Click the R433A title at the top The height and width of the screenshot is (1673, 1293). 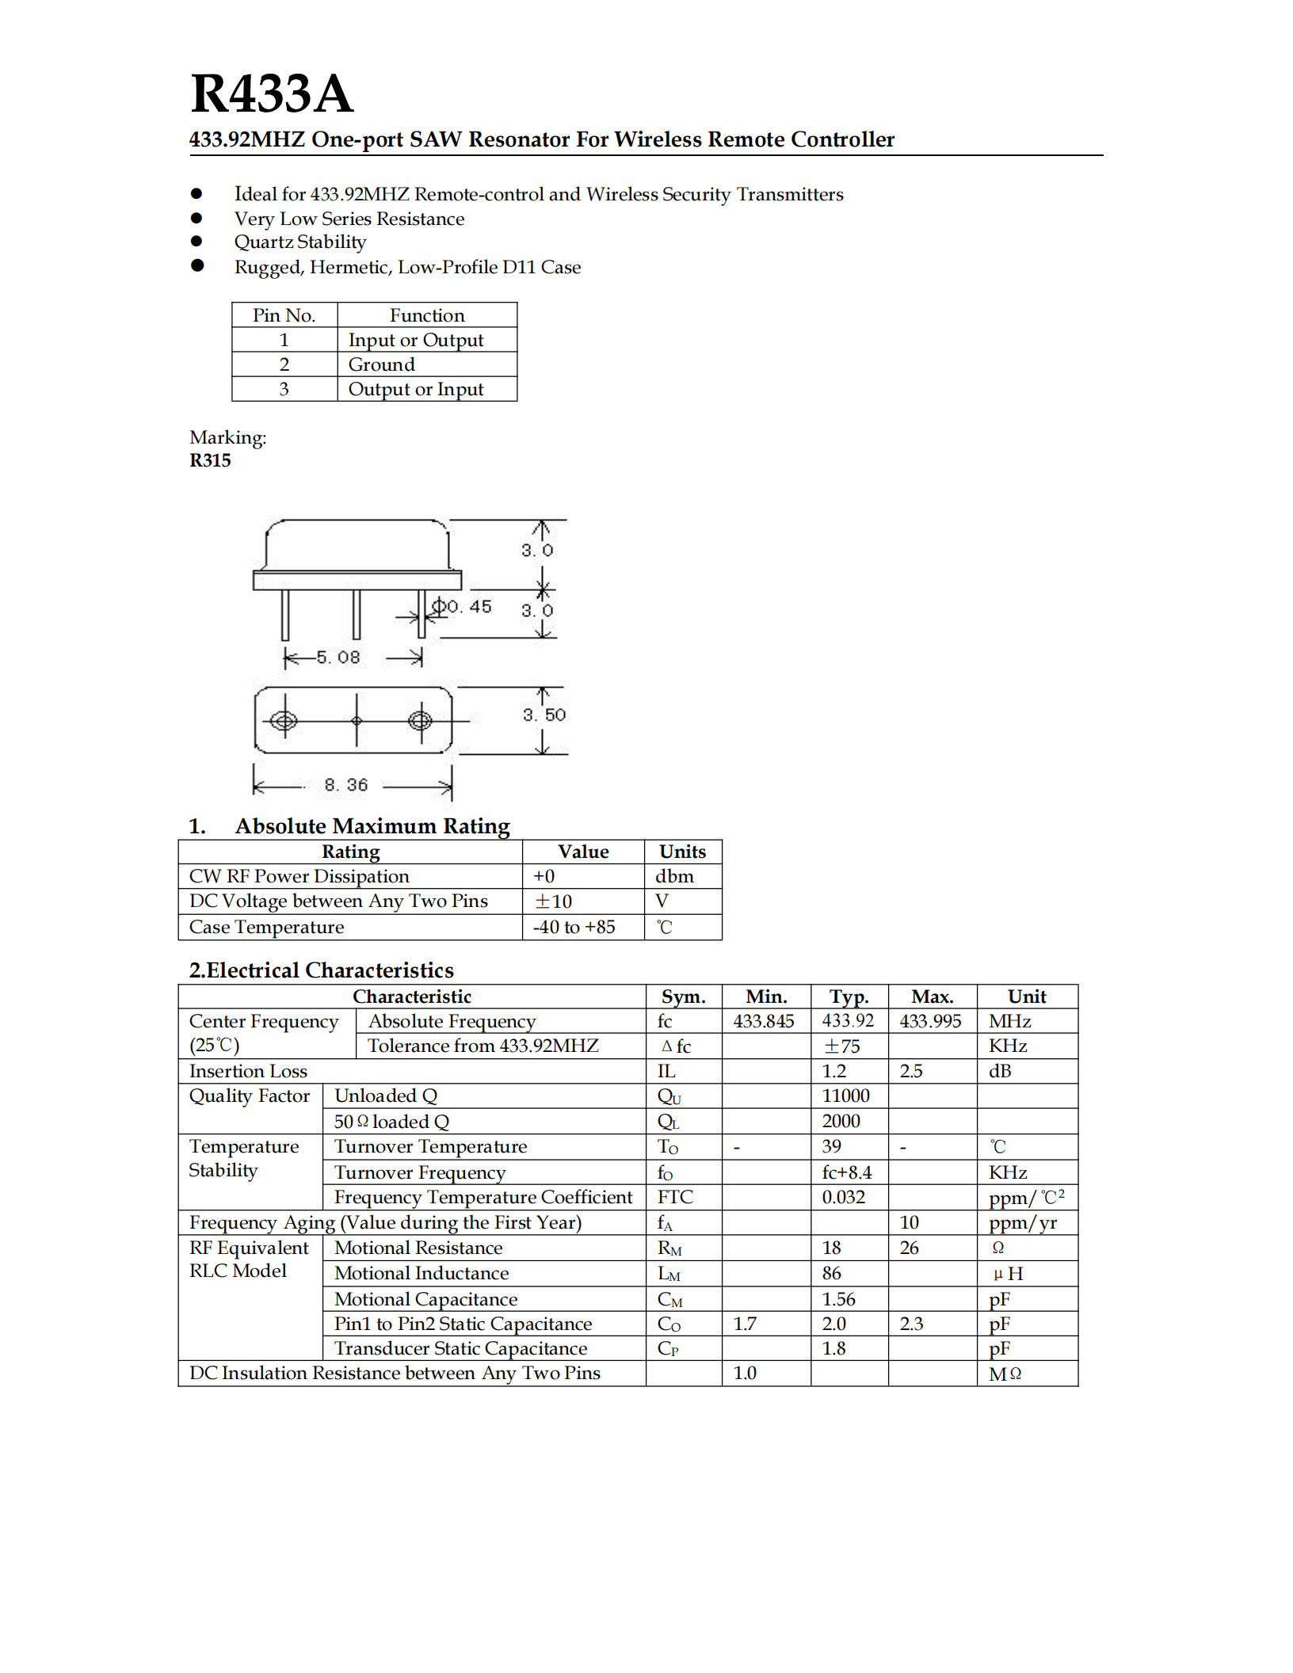coord(271,94)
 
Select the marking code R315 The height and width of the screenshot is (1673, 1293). coord(210,461)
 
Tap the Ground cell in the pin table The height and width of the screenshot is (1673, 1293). coord(381,364)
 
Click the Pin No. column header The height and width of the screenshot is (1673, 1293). coord(284,315)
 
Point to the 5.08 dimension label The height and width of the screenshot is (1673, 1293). coord(338,657)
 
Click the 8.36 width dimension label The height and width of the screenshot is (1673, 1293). coord(346,785)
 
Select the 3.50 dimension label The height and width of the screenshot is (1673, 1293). coord(544,715)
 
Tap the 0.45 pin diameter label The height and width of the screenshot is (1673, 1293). coord(469,607)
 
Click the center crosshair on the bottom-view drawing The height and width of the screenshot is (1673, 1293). coord(357,721)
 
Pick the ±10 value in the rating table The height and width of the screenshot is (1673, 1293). coord(553,901)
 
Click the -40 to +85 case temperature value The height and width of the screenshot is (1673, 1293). coord(574,927)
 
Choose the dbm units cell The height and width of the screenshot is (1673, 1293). coord(674,876)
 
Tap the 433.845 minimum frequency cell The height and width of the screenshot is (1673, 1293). coord(763,1021)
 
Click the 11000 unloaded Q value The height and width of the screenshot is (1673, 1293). coord(845,1096)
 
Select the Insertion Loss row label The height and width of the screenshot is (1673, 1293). coord(248,1071)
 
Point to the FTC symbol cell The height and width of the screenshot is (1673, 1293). coord(675,1197)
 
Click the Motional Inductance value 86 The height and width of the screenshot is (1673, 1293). coord(831,1273)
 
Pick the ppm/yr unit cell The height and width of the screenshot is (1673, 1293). coord(1022,1223)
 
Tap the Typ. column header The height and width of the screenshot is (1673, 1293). coord(849,997)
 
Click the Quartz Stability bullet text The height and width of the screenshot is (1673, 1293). coord(300,242)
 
